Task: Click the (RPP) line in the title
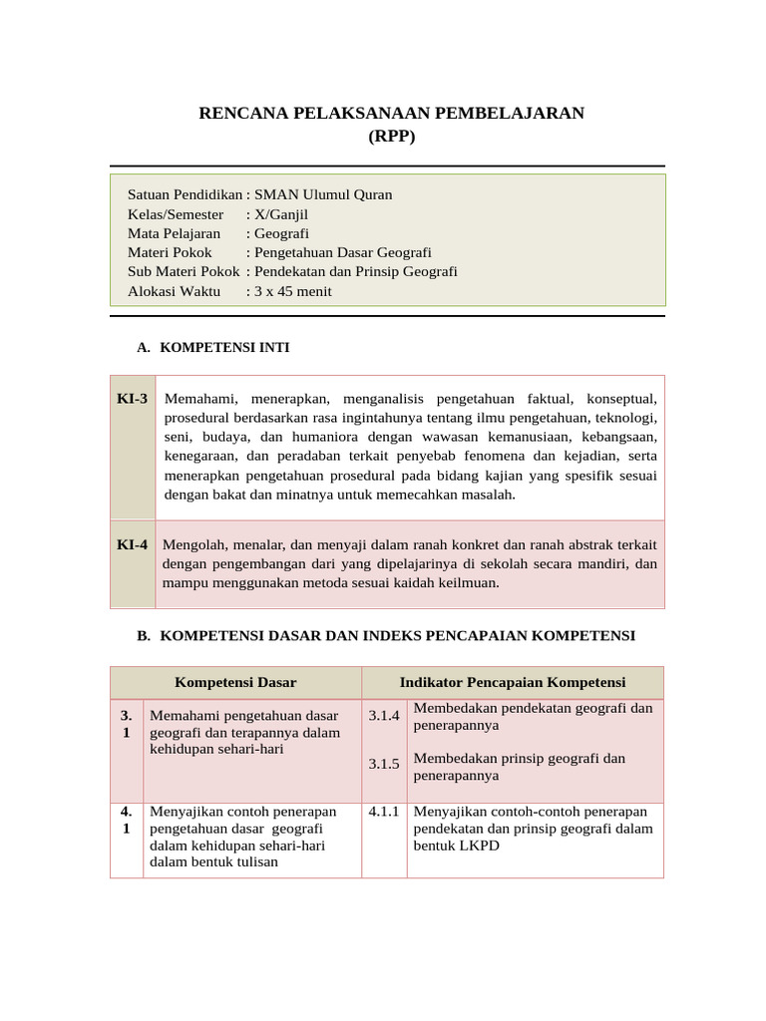[391, 137]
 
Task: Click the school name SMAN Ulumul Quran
[323, 194]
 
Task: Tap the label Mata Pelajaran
[175, 233]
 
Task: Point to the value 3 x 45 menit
[293, 291]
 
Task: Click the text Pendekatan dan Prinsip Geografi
[356, 271]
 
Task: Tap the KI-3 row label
[132, 399]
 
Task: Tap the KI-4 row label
[132, 544]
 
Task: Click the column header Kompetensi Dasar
[235, 682]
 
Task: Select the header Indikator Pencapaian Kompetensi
[513, 682]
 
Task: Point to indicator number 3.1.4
[384, 716]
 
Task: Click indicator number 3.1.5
[384, 765]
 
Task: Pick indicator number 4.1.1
[384, 812]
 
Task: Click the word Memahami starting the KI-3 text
[198, 399]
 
